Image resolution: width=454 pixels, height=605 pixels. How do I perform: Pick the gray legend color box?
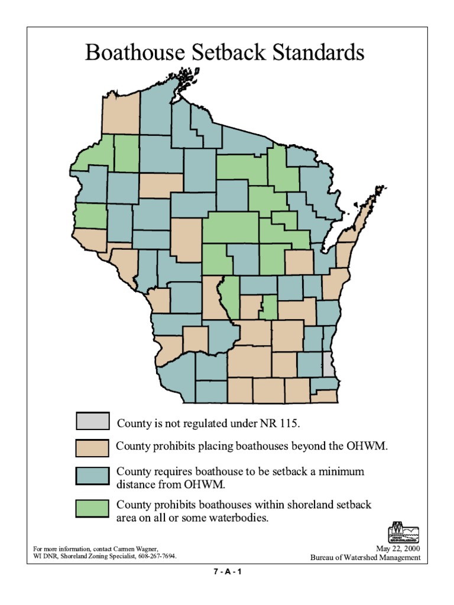tap(92, 421)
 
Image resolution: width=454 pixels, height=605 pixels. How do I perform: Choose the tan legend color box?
tap(92, 448)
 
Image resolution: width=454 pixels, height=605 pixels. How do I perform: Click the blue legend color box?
tap(92, 476)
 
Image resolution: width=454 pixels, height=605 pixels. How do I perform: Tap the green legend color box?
tap(92, 508)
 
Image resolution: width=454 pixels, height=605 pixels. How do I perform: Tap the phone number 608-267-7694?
tap(157, 557)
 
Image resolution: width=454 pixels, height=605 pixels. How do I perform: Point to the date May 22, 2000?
tap(398, 549)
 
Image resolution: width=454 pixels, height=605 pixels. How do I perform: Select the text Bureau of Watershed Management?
tap(365, 558)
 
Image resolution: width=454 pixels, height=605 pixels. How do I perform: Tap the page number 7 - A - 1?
tap(228, 572)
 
